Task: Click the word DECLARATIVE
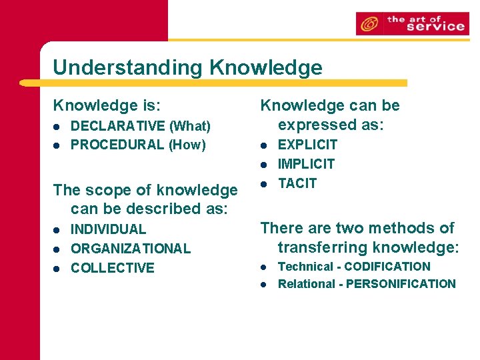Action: click(118, 126)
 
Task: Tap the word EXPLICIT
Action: click(307, 145)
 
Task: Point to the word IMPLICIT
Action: click(306, 164)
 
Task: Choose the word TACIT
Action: click(297, 183)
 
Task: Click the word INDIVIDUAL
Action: click(108, 229)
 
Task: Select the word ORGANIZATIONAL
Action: click(131, 249)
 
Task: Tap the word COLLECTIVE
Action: click(112, 268)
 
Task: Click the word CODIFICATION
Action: click(387, 267)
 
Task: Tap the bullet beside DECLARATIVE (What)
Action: click(58, 126)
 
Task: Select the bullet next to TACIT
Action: click(264, 183)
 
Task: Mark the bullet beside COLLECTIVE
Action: click(58, 268)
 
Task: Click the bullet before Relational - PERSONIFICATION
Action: click(264, 284)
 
